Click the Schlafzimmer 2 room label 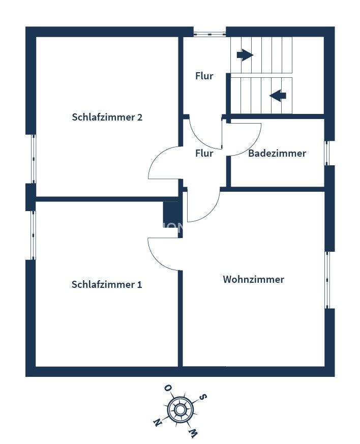tap(107, 117)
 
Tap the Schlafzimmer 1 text tap(107, 285)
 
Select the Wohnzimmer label tap(253, 280)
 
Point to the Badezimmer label tap(277, 154)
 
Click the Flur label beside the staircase tap(204, 76)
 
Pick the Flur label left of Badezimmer tap(204, 154)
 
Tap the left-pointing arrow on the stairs tap(278, 95)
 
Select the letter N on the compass tap(158, 422)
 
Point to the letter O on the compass tap(167, 389)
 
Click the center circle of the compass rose tap(179, 409)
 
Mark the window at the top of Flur tap(209, 34)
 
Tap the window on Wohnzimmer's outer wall tap(327, 280)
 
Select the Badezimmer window tap(327, 153)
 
